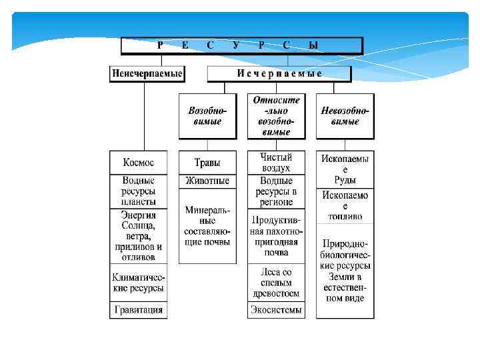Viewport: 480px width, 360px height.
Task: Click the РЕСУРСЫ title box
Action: [241, 45]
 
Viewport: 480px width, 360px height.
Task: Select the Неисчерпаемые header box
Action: [147, 73]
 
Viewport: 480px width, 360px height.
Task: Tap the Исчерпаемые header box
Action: [279, 73]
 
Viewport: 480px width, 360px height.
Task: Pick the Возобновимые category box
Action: [207, 116]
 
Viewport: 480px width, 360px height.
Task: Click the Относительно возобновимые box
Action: [276, 116]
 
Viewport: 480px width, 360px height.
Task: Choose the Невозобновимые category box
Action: [345, 116]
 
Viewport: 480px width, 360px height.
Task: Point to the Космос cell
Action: [138, 163]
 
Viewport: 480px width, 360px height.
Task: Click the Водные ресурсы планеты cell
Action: [138, 191]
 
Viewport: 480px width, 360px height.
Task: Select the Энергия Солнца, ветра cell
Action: [138, 236]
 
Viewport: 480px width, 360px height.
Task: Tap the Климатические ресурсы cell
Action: [138, 283]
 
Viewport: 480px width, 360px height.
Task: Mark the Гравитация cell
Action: [138, 311]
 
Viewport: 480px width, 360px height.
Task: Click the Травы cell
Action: [207, 163]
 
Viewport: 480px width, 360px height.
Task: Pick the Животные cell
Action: [207, 181]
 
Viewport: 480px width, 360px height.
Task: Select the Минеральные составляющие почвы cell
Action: [207, 225]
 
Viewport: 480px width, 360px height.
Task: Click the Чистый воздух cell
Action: [276, 163]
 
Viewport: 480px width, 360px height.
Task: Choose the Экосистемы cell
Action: [276, 311]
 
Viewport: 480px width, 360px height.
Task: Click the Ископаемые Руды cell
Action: [345, 169]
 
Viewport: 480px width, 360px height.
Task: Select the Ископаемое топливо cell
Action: [345, 206]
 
